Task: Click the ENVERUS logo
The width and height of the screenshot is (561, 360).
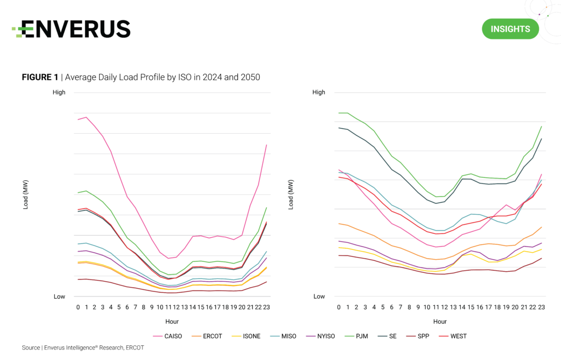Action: (x=71, y=28)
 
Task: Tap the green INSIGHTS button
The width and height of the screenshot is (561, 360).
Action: (x=510, y=29)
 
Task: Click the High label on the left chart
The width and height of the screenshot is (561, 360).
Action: (x=59, y=93)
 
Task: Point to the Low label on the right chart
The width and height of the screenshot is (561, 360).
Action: (x=319, y=296)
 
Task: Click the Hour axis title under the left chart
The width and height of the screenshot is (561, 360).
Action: (x=172, y=322)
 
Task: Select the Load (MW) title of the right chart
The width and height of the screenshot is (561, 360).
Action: (x=291, y=195)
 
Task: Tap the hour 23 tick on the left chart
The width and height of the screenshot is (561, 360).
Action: (x=266, y=307)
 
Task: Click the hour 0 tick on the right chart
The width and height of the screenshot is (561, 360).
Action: (x=339, y=307)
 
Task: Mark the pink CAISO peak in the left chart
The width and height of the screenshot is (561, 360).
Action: (x=86, y=117)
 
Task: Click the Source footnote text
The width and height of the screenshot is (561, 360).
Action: (x=83, y=347)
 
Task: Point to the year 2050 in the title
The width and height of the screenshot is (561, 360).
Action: (x=249, y=77)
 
